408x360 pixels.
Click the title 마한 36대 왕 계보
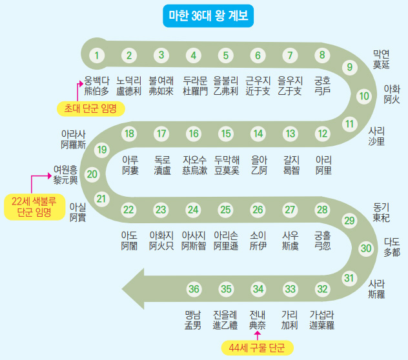[204, 15]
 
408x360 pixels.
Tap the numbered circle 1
[97, 55]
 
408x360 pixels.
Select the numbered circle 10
[364, 97]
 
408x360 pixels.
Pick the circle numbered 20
[92, 174]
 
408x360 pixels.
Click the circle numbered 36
[194, 288]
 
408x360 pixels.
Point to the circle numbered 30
[367, 248]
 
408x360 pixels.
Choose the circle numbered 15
[225, 134]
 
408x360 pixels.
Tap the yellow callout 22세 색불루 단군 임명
[34, 206]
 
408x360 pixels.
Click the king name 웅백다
[97, 81]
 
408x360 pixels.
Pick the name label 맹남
[193, 314]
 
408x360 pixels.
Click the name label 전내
[258, 314]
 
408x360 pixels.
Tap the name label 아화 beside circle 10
[392, 89]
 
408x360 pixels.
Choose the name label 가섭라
[322, 314]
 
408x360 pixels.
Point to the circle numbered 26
[258, 210]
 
